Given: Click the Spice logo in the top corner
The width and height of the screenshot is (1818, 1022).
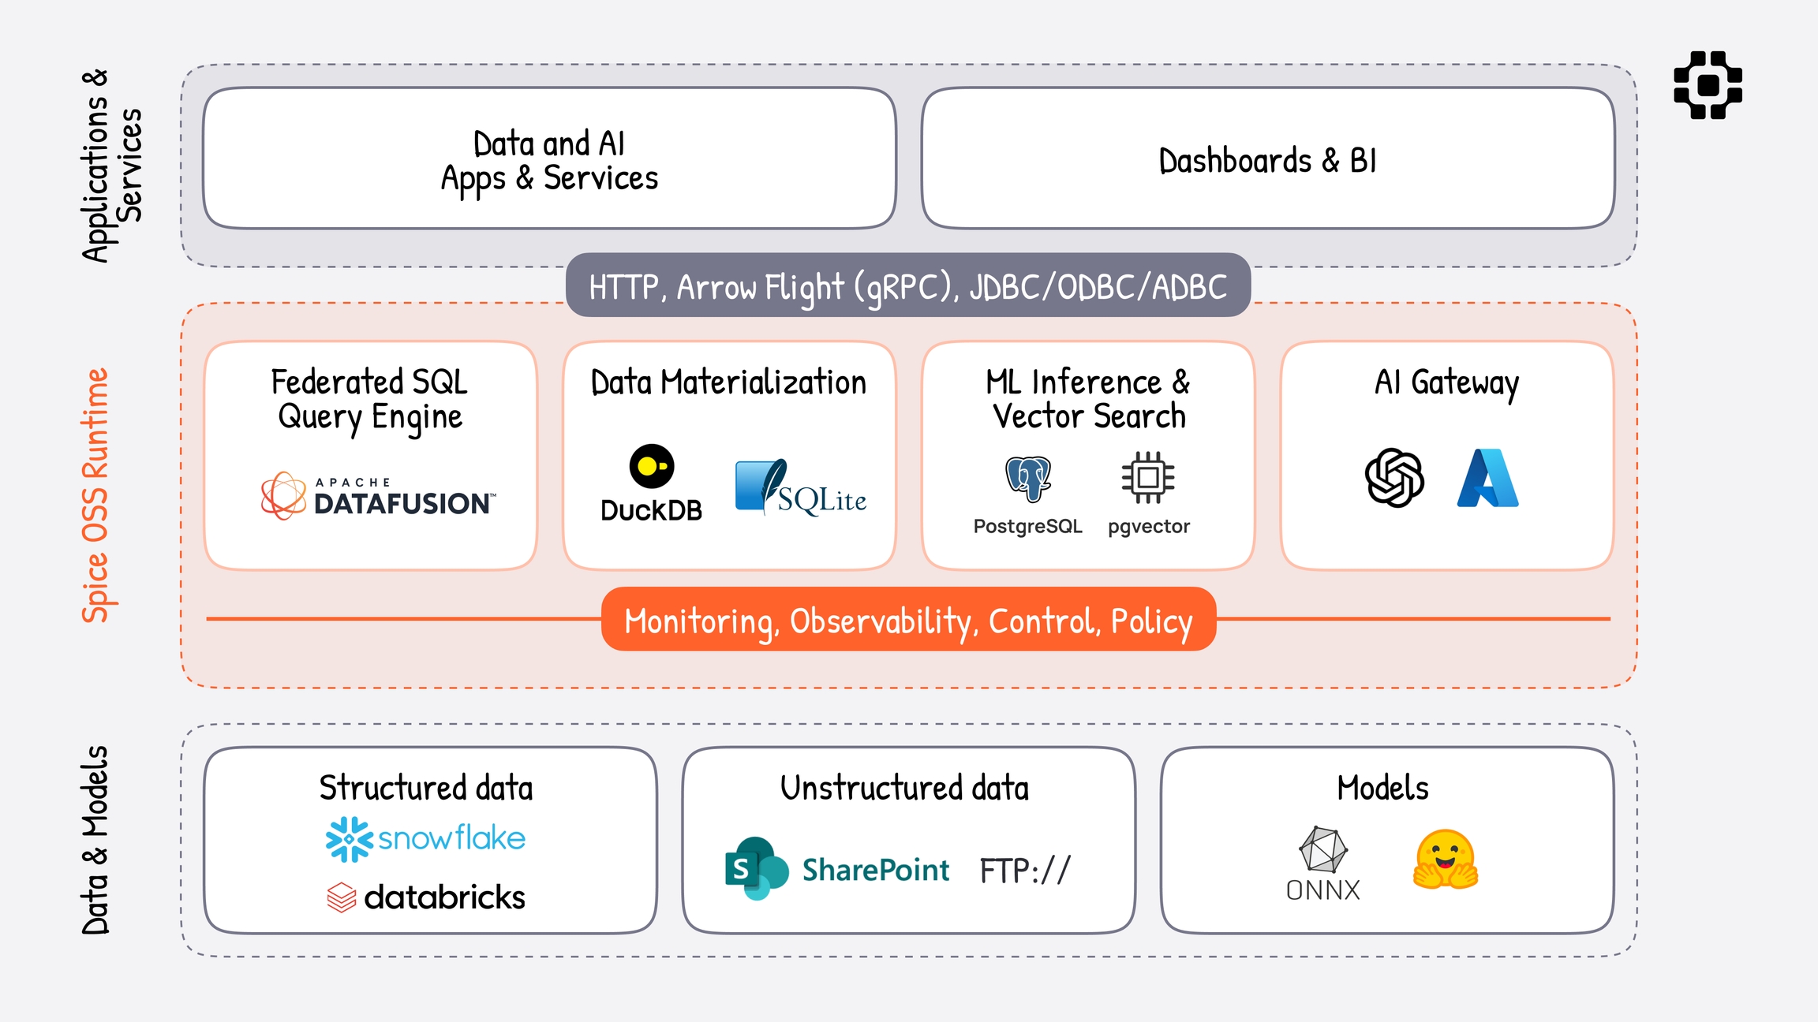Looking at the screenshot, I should [1708, 85].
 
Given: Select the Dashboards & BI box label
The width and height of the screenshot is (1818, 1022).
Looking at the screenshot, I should [1267, 161].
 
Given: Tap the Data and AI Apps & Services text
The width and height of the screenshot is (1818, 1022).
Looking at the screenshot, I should [549, 161].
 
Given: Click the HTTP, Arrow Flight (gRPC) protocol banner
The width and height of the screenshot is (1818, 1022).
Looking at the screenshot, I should [907, 286].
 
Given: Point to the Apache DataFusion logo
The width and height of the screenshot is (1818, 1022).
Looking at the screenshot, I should [379, 496].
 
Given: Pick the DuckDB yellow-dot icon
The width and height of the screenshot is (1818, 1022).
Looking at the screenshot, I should [652, 466].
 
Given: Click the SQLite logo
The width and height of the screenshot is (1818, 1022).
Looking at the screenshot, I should [800, 487].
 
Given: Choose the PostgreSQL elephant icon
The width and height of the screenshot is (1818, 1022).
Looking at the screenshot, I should [1027, 478].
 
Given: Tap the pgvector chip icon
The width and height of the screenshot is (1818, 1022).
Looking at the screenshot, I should [1148, 477].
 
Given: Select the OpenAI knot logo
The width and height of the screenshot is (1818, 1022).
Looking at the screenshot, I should [1394, 478].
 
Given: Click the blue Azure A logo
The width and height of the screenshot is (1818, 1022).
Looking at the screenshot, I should [1487, 478].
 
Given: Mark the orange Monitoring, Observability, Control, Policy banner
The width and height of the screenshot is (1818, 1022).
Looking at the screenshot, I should [908, 620].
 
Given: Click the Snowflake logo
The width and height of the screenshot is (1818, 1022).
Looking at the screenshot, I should [425, 838].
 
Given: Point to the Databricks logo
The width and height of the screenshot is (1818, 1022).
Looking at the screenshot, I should [426, 897].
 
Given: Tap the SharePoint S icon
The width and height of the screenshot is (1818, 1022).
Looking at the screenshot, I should [755, 868].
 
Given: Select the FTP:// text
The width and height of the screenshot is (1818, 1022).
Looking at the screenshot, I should [1025, 871].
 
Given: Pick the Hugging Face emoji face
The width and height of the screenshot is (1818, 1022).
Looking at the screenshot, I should [1445, 860].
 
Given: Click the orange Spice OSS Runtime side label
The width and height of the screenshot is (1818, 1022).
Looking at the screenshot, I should [95, 495].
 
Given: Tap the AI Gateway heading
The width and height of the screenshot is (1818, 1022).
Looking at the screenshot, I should [1446, 383].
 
